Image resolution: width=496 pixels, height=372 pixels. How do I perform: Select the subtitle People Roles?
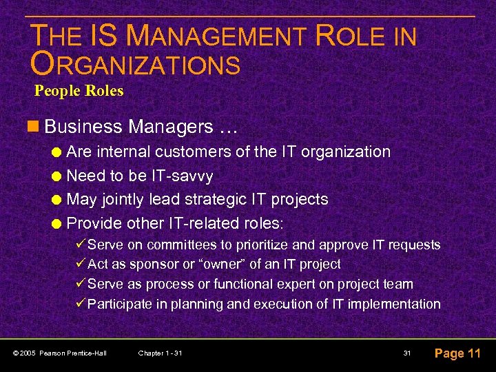point(79,90)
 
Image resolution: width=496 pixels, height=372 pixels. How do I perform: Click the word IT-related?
point(186,223)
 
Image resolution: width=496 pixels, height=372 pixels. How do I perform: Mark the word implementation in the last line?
point(395,304)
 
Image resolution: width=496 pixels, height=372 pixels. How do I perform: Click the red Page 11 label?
point(457,353)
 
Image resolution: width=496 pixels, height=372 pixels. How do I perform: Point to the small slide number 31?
point(407,353)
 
